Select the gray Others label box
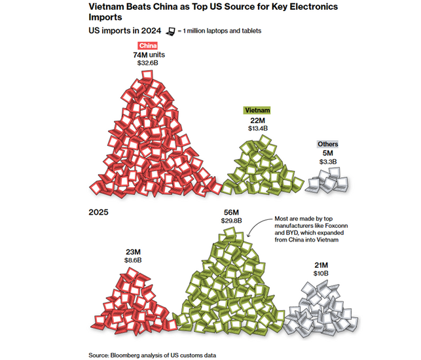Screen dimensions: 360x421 tap(328, 144)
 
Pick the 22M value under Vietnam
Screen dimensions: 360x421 tap(257, 120)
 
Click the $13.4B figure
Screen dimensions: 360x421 tap(257, 129)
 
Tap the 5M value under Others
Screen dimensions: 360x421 tap(328, 153)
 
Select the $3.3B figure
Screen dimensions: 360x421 tap(328, 162)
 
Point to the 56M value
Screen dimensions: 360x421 tap(231, 212)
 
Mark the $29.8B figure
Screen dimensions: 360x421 tap(231, 221)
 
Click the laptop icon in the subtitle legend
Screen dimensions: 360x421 tap(172, 31)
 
